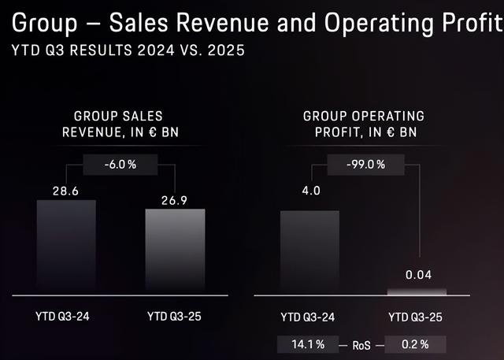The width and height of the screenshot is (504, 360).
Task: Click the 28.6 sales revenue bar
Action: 66,247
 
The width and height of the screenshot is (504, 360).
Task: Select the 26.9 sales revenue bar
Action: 175,251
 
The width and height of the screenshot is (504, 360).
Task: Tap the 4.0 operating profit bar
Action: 309,252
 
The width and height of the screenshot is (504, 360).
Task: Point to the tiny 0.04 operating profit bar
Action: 417,291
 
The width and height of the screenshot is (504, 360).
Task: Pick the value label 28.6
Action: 66,190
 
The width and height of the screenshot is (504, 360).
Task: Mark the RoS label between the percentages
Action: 361,344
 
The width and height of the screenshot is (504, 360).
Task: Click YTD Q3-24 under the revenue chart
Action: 66,317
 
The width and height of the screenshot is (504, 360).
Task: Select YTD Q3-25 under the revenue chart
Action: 175,317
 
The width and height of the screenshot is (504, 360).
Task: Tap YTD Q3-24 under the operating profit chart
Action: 309,317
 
